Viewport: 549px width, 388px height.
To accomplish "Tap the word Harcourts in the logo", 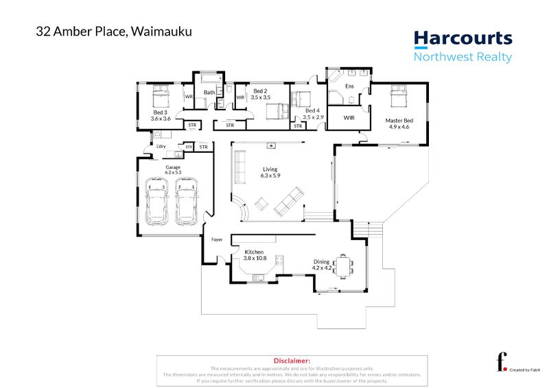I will [x=462, y=38].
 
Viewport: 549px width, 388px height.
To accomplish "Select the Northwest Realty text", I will [x=462, y=58].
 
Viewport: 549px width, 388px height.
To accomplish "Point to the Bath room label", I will [x=209, y=93].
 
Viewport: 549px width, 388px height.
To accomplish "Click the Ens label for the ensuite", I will [x=349, y=86].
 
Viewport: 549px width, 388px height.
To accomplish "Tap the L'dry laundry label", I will [x=161, y=147].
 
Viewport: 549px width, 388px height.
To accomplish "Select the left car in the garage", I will [x=157, y=202].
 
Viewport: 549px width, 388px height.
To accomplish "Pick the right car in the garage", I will [x=186, y=202].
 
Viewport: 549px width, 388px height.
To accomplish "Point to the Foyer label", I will [x=217, y=240].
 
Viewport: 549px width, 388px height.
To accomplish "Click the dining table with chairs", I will [x=342, y=265].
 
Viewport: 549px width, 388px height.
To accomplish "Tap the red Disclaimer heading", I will [x=292, y=360].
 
